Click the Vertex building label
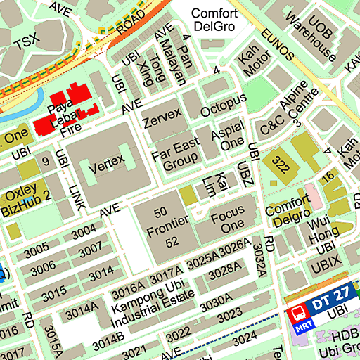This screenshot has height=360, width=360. click(106, 160)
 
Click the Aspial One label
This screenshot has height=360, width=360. click(227, 138)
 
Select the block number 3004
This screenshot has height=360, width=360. click(84, 231)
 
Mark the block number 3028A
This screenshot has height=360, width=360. click(226, 269)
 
